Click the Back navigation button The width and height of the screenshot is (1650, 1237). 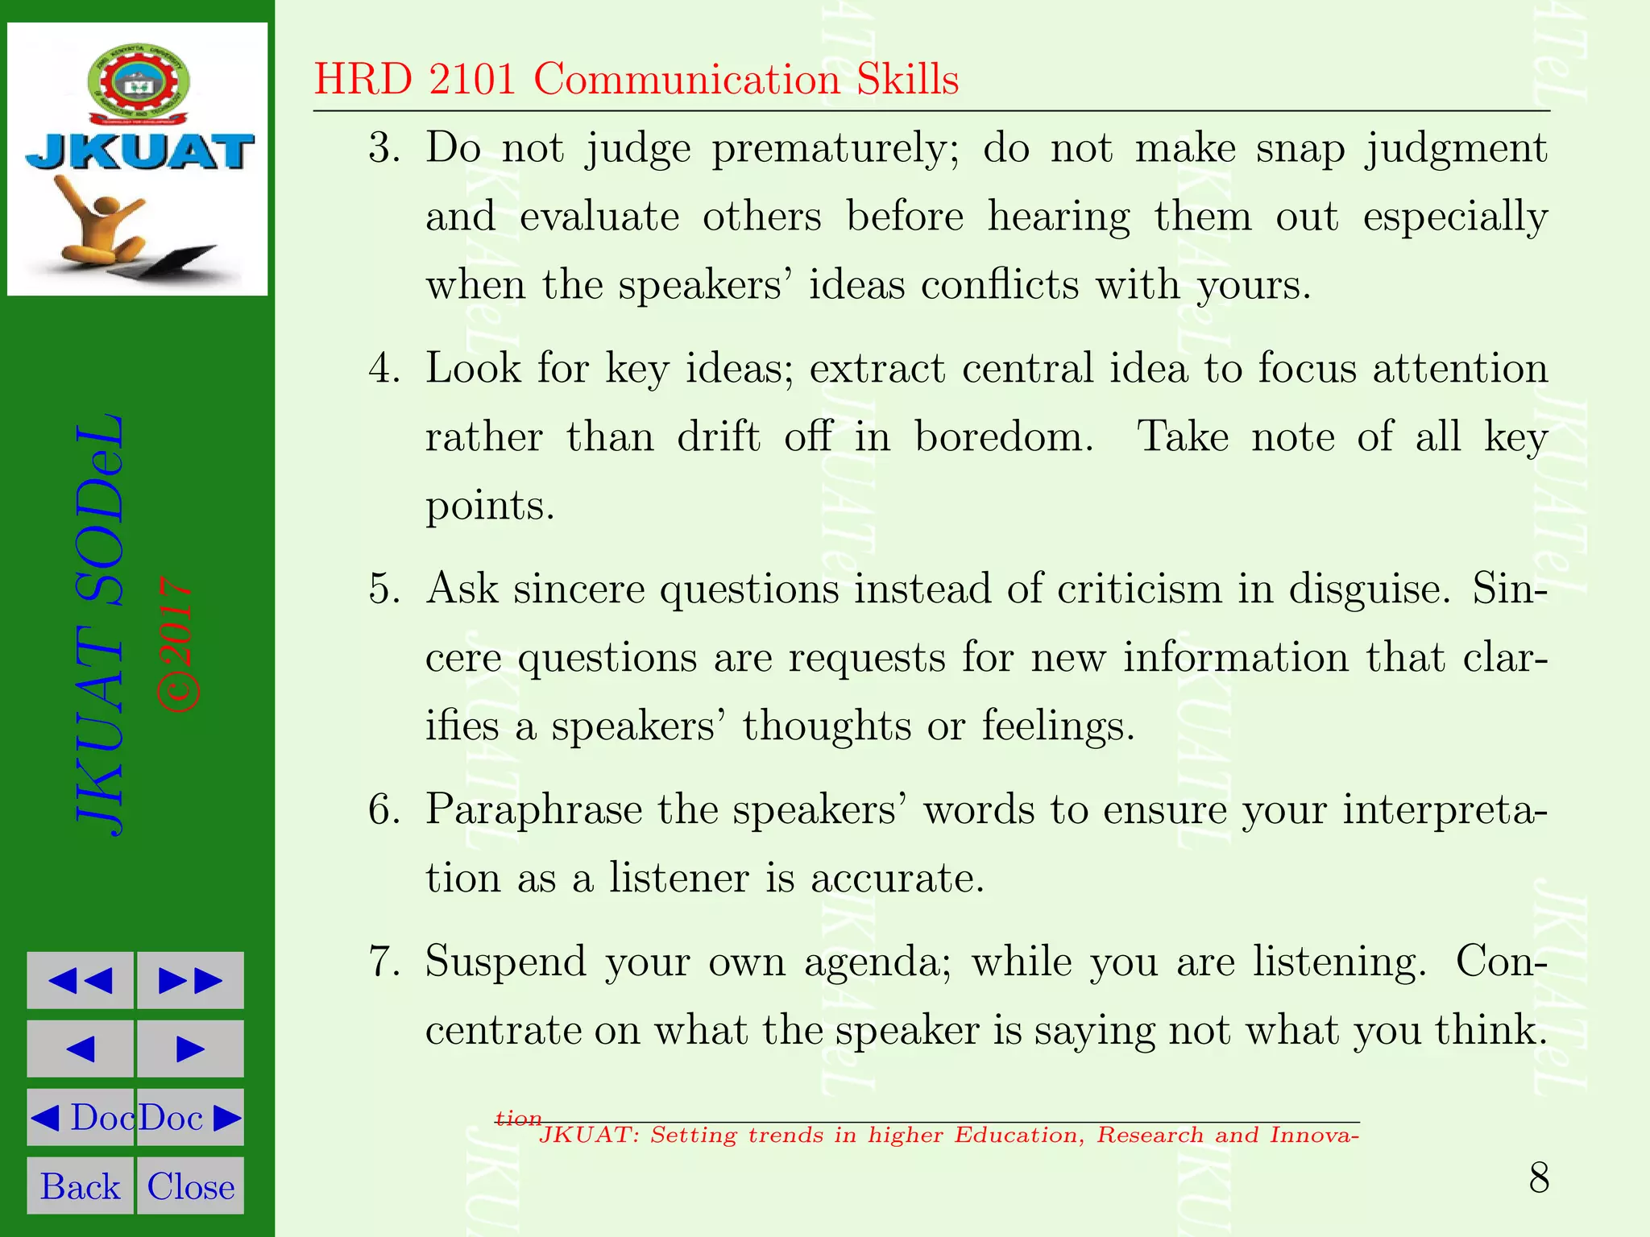[80, 1185]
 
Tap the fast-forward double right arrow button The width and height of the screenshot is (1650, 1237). [190, 980]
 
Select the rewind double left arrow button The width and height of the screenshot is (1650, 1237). [80, 980]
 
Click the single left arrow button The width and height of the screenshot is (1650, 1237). [80, 1049]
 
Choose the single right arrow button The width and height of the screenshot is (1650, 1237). [190, 1049]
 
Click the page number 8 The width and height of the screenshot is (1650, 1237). [1539, 1179]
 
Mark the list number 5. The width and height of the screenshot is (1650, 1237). [383, 589]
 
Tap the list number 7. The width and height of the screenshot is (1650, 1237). [383, 962]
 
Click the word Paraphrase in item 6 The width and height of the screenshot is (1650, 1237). [533, 810]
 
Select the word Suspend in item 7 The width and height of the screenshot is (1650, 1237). [505, 962]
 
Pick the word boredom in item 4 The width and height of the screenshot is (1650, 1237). [1004, 437]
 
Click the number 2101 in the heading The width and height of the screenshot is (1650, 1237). [472, 80]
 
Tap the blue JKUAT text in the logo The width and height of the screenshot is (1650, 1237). [139, 152]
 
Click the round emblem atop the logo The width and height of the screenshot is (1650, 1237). [139, 86]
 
